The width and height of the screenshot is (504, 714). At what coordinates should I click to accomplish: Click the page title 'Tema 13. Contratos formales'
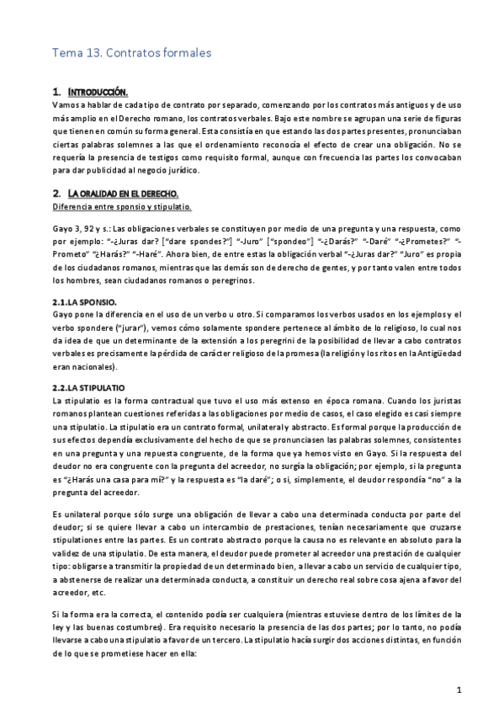coord(131,53)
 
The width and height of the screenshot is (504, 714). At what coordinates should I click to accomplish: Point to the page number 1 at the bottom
coord(459,690)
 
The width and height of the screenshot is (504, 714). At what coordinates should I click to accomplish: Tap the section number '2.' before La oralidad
coord(56,193)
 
